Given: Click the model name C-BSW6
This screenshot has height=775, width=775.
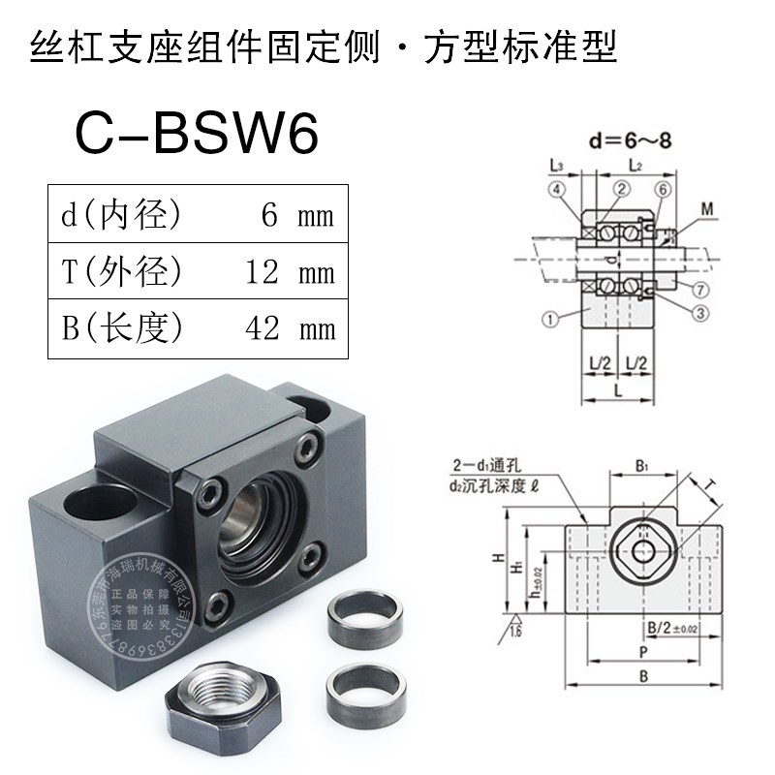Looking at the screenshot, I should tap(197, 137).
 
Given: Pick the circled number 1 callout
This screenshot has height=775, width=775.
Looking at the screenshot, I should tap(551, 315).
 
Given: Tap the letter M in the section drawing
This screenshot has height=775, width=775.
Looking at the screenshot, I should tap(709, 207).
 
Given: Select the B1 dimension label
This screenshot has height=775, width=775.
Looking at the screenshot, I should tap(640, 467).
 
